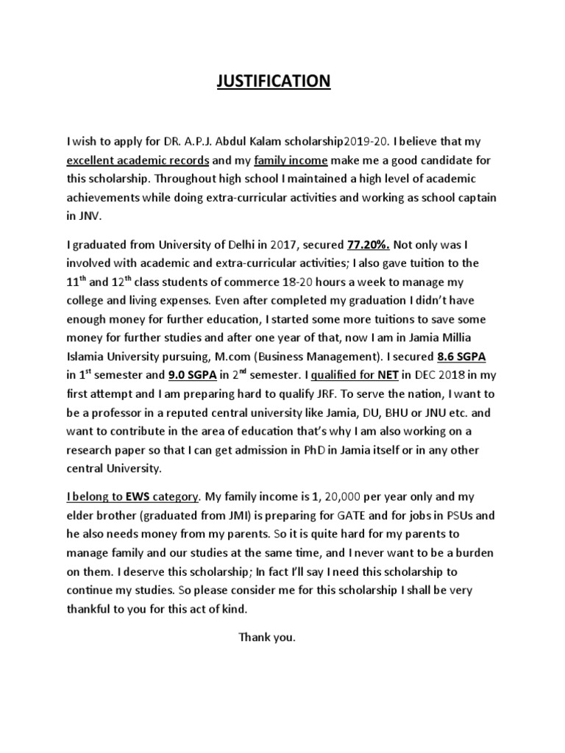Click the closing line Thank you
click(266, 637)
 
